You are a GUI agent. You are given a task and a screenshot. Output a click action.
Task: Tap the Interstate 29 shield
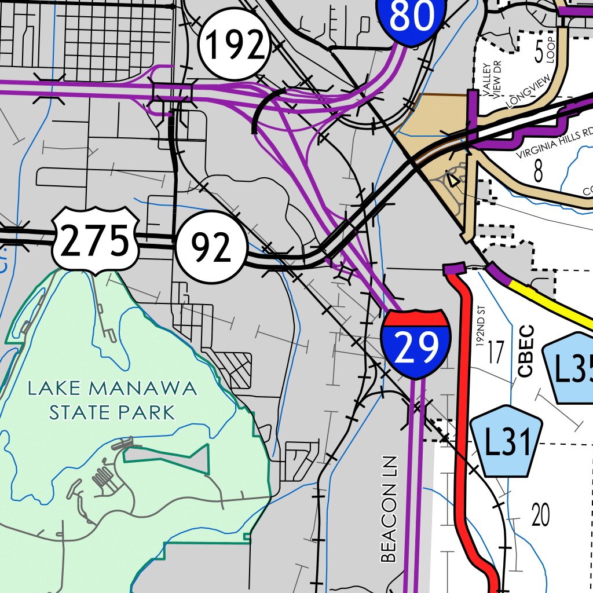tap(416, 344)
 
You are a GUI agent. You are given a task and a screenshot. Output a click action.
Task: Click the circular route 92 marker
tap(211, 247)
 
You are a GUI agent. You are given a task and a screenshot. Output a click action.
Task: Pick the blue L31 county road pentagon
tap(507, 442)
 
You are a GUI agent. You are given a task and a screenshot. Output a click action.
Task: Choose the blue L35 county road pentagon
tap(570, 368)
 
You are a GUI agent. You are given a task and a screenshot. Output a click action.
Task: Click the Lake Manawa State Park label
tap(112, 400)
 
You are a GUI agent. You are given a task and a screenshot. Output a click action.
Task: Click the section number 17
tap(496, 352)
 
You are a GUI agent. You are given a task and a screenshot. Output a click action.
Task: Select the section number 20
tap(540, 514)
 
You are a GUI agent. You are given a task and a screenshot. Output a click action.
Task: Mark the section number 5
tap(539, 53)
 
